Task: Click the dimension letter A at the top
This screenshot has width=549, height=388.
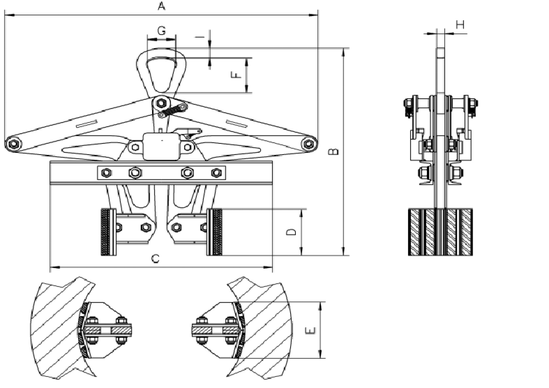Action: click(x=162, y=6)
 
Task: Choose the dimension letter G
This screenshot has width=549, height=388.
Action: click(x=162, y=30)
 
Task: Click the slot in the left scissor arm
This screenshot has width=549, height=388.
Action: click(x=87, y=124)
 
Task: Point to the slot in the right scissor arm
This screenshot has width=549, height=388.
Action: click(x=236, y=124)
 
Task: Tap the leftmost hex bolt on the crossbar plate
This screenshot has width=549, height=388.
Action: click(x=106, y=173)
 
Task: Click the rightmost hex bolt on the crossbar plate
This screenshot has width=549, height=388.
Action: click(x=216, y=173)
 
